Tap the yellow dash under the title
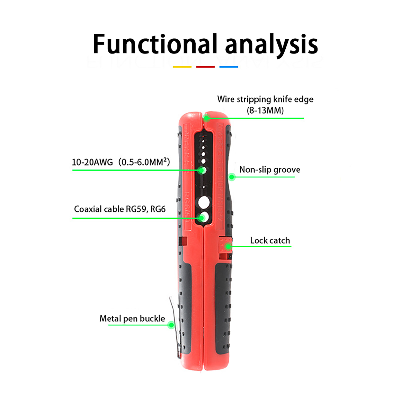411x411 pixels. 182,67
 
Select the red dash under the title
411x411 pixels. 205,67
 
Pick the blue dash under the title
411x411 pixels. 229,67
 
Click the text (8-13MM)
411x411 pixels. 265,110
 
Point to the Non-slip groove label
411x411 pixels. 269,170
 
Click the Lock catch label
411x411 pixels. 270,240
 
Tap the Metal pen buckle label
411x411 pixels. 132,319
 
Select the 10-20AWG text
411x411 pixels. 92,162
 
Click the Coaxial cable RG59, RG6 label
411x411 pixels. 120,209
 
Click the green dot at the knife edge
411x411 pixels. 206,118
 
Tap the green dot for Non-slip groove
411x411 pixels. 232,177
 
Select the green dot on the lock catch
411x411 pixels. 228,247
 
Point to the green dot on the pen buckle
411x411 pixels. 171,325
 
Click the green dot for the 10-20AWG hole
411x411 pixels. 202,170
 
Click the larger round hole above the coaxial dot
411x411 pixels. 204,202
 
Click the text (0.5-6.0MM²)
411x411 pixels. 144,162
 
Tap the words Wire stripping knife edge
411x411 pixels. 265,99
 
